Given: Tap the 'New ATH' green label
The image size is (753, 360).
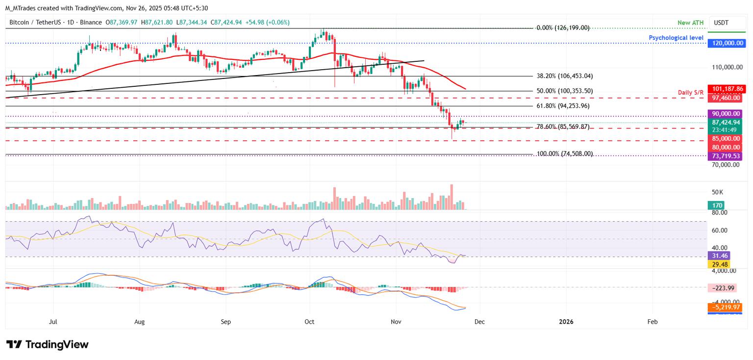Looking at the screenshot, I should (x=690, y=23).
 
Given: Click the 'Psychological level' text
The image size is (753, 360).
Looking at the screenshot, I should (x=676, y=38).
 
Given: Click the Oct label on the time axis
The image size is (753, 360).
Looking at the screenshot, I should (x=310, y=322).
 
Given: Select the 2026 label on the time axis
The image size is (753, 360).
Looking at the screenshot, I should (x=566, y=322).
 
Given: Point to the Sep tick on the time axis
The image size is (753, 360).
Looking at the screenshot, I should (x=226, y=322).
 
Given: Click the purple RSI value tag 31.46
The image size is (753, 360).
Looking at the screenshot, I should (x=719, y=256).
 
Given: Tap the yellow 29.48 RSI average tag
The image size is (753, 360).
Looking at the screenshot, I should (x=719, y=264).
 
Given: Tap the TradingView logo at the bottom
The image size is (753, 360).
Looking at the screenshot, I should (x=48, y=344).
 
